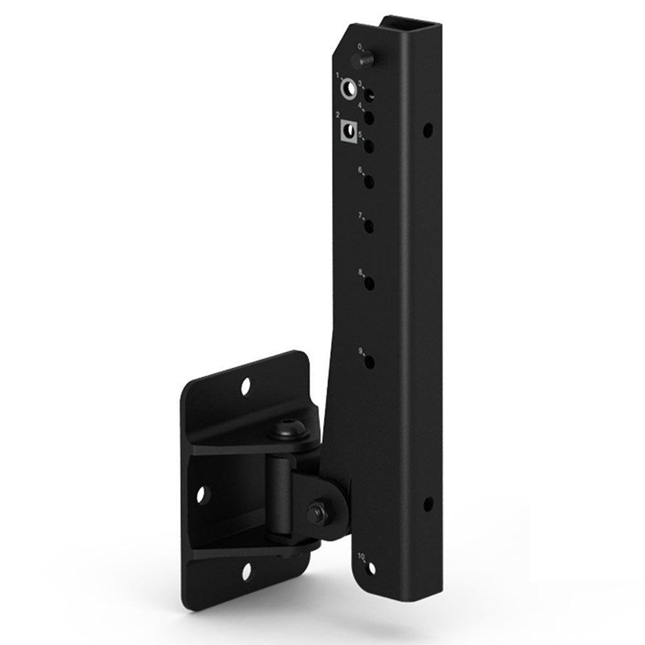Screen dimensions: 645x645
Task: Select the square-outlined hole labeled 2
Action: click(x=348, y=132)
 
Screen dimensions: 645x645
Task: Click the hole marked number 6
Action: click(x=370, y=183)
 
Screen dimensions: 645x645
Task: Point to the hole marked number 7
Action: click(x=370, y=226)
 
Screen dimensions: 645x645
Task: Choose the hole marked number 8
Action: click(x=370, y=284)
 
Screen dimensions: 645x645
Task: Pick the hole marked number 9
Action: click(x=370, y=362)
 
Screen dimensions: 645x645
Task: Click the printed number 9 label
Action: click(x=361, y=351)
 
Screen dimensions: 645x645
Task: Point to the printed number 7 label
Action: click(x=361, y=215)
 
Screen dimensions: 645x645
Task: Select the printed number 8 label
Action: click(x=361, y=272)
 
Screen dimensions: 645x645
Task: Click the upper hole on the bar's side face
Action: click(x=427, y=131)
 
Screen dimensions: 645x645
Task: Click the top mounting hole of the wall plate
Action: click(x=245, y=387)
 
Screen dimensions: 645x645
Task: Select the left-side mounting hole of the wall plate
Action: click(x=201, y=495)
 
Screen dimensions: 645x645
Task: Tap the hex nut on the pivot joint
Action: click(x=315, y=513)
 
